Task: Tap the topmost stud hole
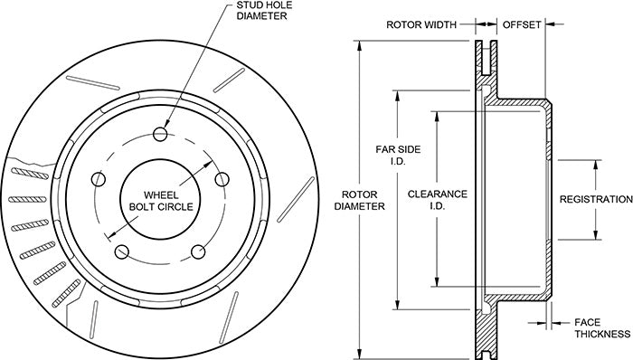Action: click(x=161, y=134)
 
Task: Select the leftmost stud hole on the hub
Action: click(x=99, y=179)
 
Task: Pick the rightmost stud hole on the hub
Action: click(x=222, y=179)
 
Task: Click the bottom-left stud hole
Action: click(x=122, y=252)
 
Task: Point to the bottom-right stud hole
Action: click(x=198, y=251)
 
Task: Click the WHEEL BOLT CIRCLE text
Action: click(x=161, y=201)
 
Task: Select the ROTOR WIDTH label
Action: click(x=421, y=24)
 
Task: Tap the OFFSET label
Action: click(x=521, y=24)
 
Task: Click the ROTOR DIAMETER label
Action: click(x=359, y=200)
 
